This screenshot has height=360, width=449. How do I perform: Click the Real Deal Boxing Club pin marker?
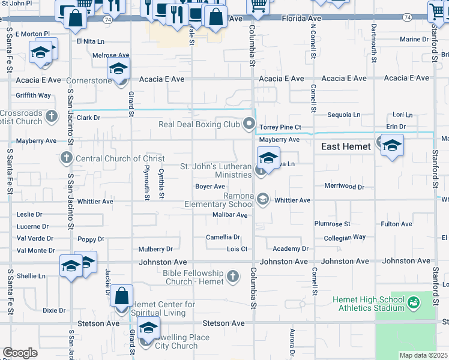[x=249, y=125]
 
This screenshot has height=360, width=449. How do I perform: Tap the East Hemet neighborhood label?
[x=346, y=146]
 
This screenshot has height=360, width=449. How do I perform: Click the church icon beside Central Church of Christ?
[x=66, y=158]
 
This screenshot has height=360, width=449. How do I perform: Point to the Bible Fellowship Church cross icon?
[x=234, y=277]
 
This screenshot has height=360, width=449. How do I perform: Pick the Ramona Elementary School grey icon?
[x=262, y=199]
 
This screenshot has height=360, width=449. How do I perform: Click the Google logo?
[x=20, y=353]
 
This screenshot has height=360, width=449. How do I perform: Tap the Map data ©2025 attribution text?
[x=423, y=355]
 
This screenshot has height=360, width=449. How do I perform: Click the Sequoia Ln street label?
[x=344, y=115]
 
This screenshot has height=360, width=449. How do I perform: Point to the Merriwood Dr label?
[x=344, y=187]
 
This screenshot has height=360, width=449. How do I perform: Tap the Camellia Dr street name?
[x=223, y=237]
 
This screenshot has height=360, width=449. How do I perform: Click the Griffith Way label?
[x=34, y=95]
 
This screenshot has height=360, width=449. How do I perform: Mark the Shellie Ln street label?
[x=31, y=276]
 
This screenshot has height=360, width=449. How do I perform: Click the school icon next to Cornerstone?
[x=119, y=68]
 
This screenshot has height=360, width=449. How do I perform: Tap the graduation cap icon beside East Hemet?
[x=391, y=146]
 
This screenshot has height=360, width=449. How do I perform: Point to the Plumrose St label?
[x=332, y=224]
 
